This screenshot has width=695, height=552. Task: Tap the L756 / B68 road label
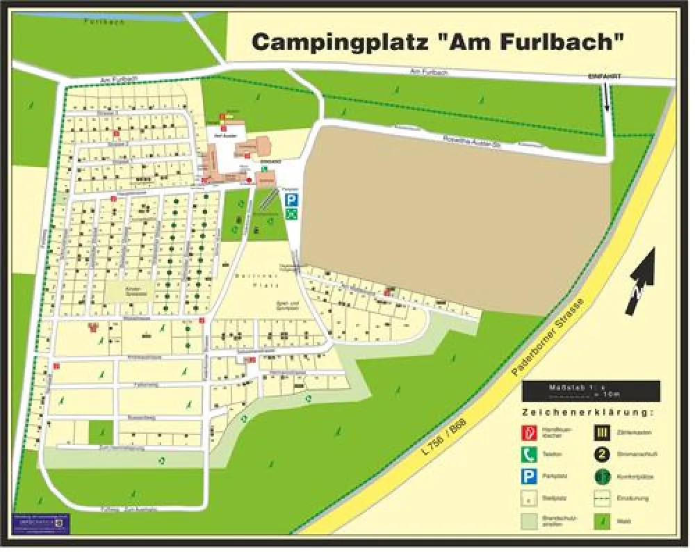pos(445,436)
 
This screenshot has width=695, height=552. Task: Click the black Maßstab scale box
pos(591,391)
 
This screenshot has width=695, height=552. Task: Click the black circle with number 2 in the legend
pos(602,455)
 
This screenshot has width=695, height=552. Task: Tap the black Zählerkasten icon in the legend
pos(602,432)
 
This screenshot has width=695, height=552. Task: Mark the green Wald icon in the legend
pos(602,520)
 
